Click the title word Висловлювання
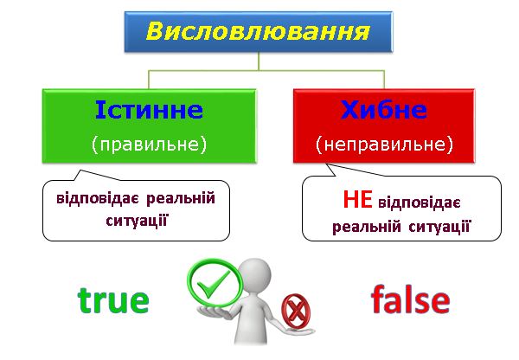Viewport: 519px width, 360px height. (259, 33)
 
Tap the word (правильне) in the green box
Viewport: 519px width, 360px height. (149, 143)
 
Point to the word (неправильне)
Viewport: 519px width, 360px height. (384, 143)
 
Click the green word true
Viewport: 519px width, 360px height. (113, 300)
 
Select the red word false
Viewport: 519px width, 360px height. (410, 300)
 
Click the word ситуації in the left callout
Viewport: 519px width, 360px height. (136, 220)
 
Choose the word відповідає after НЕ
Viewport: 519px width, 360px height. (420, 202)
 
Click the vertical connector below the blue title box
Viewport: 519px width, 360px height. (259, 61)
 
